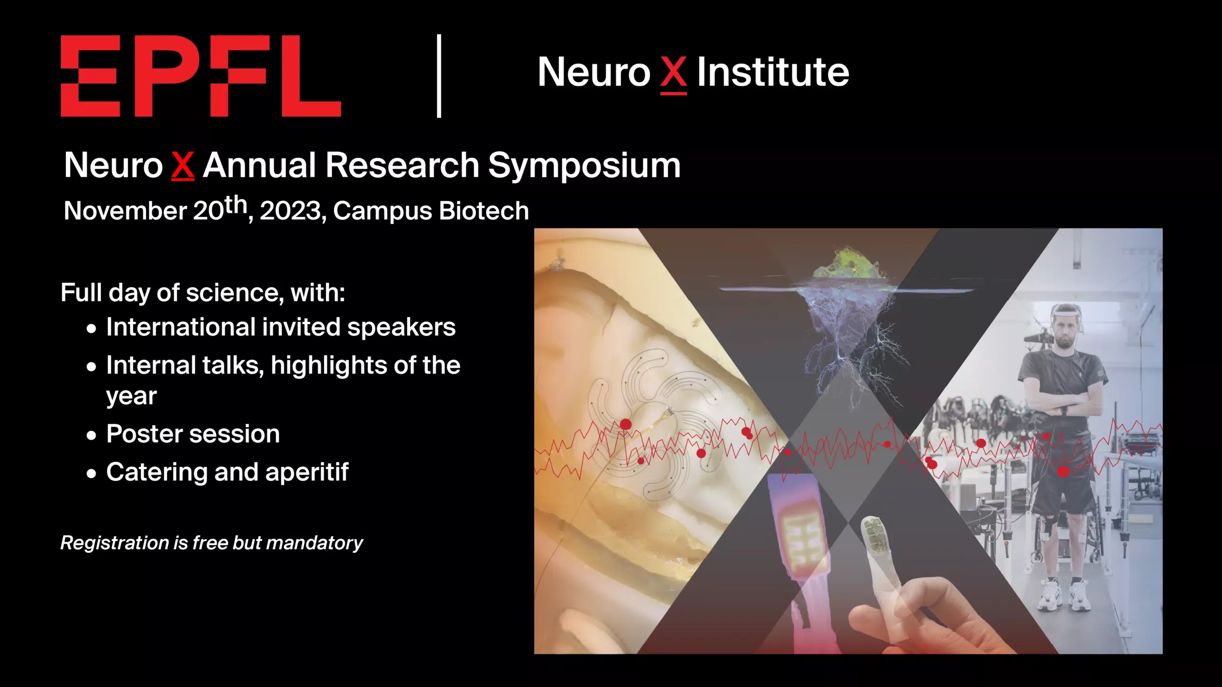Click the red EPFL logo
(x=200, y=75)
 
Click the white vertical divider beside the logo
(x=439, y=75)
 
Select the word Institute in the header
(x=773, y=72)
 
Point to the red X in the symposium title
(x=183, y=166)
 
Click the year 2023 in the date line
(x=290, y=211)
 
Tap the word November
(x=126, y=211)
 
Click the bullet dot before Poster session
(x=92, y=435)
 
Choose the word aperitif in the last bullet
(x=307, y=473)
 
